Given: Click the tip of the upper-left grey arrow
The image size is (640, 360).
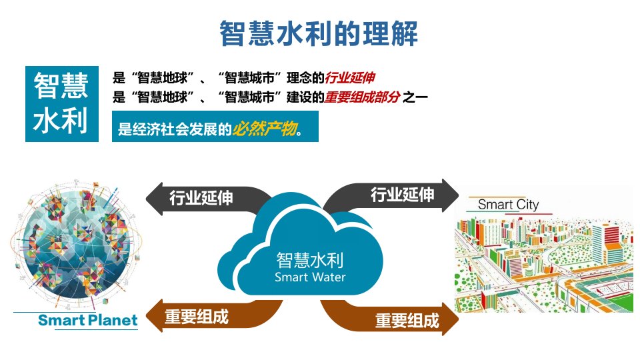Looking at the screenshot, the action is point(146,199).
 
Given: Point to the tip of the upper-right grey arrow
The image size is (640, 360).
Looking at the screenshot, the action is point(459,195).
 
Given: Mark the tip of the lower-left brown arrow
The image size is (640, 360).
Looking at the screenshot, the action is point(146,317).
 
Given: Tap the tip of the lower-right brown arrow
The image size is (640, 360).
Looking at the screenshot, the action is point(459,319).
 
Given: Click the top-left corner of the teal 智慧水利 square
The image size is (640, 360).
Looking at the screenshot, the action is point(25,66).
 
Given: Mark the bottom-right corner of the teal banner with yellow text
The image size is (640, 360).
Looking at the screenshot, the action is point(319,141).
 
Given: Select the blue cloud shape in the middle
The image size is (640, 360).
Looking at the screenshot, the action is point(301,244).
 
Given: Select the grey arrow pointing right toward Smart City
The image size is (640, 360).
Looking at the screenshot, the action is point(391,195).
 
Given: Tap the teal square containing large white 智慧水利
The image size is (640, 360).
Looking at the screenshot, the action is point(62,104).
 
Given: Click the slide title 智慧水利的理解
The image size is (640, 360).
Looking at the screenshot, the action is point(319,33).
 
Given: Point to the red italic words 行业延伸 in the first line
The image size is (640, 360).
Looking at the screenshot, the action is point(350,77).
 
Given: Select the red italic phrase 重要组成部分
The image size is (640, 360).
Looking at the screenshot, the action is point(362,97).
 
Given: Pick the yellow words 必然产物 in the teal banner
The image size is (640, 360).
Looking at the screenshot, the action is point(265,129).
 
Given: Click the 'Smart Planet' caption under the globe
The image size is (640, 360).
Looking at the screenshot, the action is point(88,320).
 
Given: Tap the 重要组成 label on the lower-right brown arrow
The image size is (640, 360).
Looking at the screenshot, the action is point(407,321).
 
